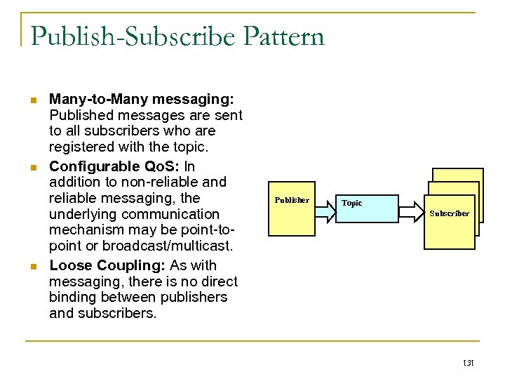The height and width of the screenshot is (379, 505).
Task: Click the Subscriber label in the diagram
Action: point(449,213)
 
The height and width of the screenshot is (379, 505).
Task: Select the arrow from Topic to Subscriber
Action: point(414,208)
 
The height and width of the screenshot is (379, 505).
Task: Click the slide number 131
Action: point(469,364)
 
